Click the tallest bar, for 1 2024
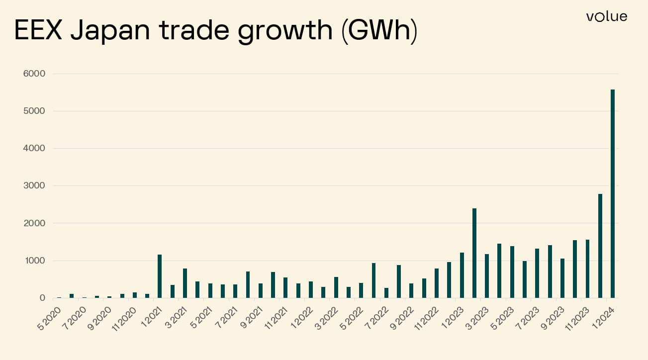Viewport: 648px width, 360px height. [x=613, y=194]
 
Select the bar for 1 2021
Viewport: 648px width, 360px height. [x=160, y=276]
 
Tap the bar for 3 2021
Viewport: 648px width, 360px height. [x=185, y=283]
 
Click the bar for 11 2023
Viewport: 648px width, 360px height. [x=587, y=269]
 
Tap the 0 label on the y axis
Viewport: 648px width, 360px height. [x=42, y=298]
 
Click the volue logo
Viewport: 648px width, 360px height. [x=606, y=17]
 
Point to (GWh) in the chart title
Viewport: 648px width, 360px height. [x=379, y=31]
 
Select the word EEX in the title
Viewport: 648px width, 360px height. [x=39, y=31]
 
